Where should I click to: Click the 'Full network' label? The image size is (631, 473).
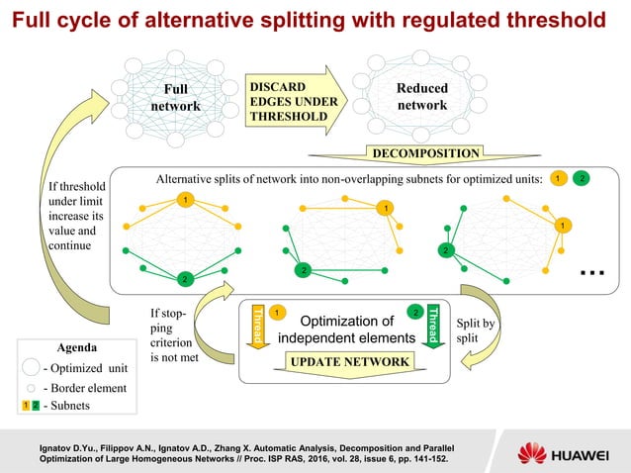[x=181, y=98]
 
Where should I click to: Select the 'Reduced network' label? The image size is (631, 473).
[x=421, y=97]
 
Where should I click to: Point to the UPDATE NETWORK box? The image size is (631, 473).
[x=348, y=363]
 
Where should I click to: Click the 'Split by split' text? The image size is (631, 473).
[x=476, y=331]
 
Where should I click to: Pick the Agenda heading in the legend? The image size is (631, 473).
[x=76, y=348]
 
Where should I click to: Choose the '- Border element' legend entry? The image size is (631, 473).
[x=83, y=388]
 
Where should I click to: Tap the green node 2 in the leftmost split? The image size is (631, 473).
[x=182, y=278]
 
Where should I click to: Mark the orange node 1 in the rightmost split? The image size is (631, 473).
[x=562, y=226]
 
